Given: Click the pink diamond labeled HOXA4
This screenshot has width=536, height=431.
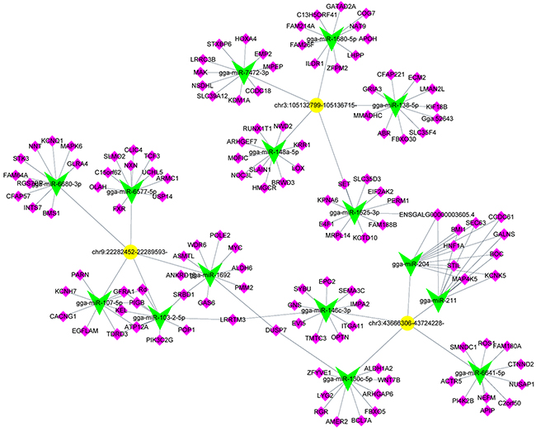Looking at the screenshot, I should coord(245,39).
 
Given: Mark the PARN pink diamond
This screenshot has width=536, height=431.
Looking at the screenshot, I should coord(80,273).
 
